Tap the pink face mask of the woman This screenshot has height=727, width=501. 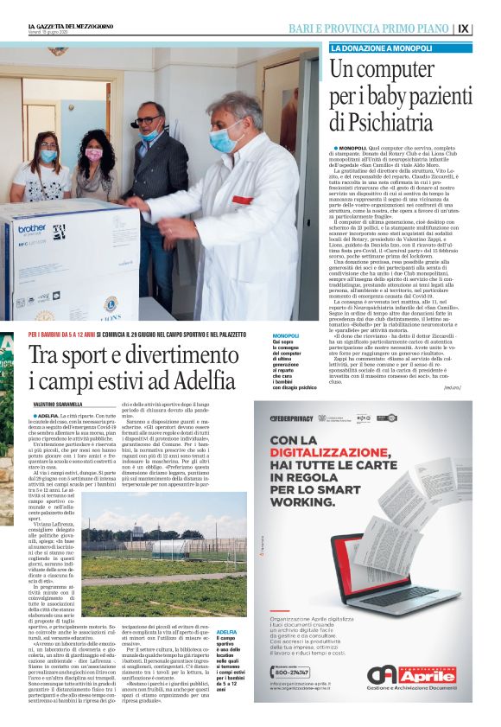(x=93, y=155)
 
